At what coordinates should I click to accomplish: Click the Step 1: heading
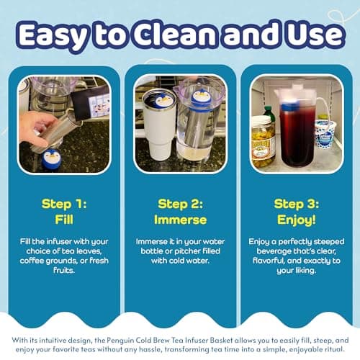64,204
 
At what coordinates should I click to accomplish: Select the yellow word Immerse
180,220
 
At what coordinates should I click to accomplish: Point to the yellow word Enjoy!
297,220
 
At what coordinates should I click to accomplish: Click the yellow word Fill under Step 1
64,220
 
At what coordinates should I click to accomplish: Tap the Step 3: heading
297,204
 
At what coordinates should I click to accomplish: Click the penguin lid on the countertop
51,158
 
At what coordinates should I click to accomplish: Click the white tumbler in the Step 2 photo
157,125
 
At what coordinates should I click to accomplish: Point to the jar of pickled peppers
263,142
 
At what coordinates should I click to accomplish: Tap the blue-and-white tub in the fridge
325,134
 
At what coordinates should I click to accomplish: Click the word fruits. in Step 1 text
64,271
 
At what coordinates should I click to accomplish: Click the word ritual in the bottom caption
334,349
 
